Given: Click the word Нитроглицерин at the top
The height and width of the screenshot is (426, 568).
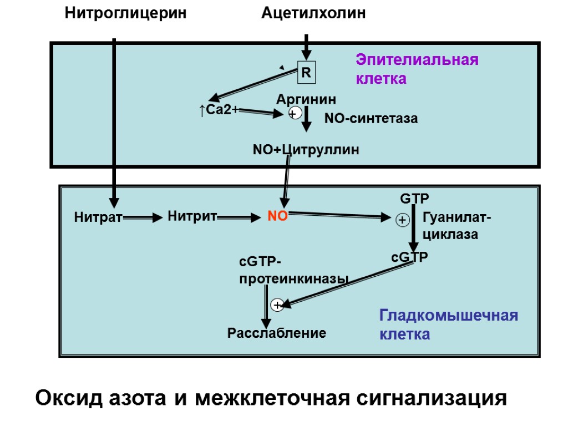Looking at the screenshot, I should point(125,13).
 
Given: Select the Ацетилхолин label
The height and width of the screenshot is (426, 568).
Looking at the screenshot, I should point(313,13).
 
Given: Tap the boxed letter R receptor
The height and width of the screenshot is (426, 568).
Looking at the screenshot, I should point(306,73).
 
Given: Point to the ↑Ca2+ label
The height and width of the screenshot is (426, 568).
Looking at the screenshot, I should point(219,110).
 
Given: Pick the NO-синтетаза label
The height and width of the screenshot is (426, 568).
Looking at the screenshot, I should point(371,118).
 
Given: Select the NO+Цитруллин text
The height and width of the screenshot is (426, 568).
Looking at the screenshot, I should point(306,149).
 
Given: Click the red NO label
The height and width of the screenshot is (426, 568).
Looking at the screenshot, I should point(278,217).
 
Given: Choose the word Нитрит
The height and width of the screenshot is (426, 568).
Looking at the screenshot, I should point(191,217).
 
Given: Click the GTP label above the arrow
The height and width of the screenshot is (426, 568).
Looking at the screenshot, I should point(415,199).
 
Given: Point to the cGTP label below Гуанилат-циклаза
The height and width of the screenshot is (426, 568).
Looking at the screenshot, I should point(409,257).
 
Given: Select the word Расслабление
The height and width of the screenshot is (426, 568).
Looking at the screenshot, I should point(277,333).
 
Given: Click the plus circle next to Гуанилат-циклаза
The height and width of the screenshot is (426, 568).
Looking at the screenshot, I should point(403,221).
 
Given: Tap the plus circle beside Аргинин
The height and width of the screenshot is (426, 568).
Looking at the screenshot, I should point(295,114).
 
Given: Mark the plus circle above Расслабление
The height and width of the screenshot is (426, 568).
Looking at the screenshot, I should point(277,305).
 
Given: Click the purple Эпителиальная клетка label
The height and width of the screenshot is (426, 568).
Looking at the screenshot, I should point(417,69).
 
